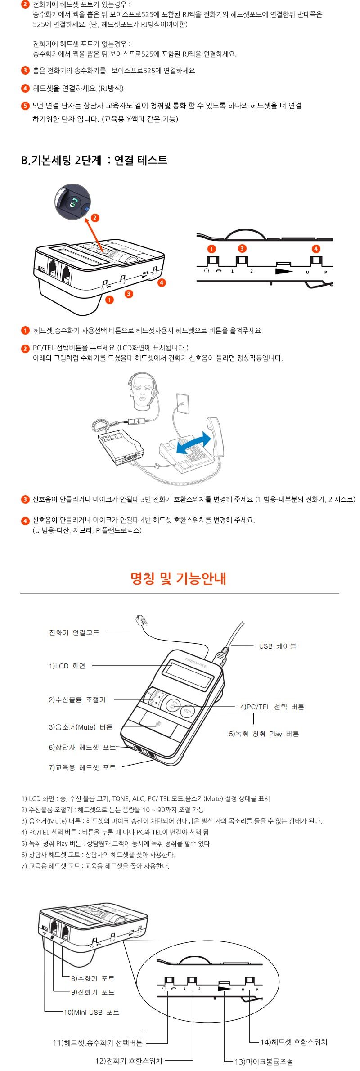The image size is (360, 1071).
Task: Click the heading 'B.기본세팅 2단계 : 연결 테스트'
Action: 94,160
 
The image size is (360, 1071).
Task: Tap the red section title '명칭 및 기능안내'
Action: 178,578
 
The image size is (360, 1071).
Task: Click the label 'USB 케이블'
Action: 277,646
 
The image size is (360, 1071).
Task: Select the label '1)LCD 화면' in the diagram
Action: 67,666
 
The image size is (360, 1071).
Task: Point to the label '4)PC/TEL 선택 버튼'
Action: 272,707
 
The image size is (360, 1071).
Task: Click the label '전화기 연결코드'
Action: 74,632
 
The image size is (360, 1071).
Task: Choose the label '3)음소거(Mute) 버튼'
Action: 81,727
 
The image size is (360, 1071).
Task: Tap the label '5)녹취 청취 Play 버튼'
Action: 264,734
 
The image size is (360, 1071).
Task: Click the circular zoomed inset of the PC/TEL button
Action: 72,201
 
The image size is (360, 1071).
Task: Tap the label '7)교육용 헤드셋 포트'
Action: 82,767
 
